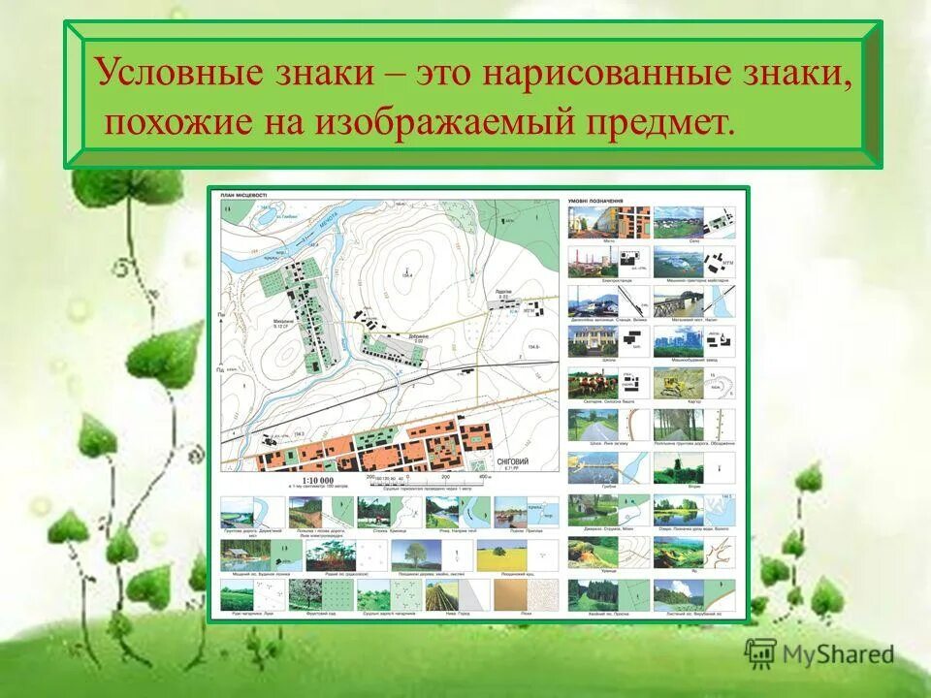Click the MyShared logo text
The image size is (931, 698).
[x=835, y=655]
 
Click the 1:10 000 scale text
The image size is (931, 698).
[x=317, y=480]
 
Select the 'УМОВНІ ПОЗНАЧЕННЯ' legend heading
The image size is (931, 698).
[x=596, y=202]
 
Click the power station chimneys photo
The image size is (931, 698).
[x=586, y=261]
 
